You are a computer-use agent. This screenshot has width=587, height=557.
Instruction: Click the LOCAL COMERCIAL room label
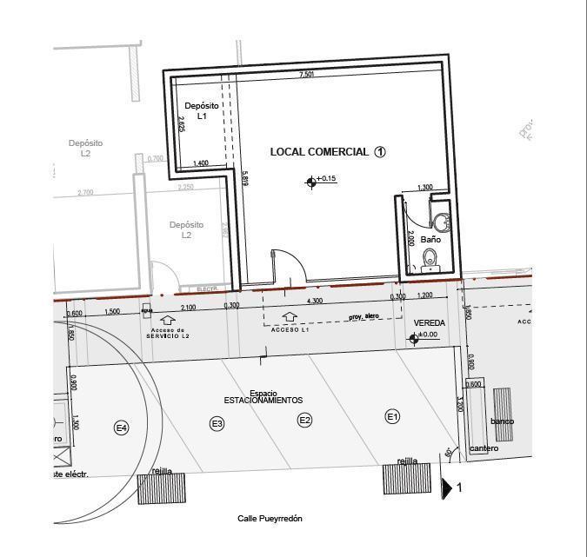coord(319,152)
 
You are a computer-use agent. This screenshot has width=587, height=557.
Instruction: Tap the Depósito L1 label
coord(202,110)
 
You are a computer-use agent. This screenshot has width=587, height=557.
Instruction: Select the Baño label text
coord(430,239)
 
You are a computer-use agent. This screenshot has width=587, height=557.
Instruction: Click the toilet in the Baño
coord(430,257)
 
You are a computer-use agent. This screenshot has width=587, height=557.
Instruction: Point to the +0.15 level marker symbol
coord(310,182)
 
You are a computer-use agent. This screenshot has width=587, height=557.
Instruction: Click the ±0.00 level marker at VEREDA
coord(414,339)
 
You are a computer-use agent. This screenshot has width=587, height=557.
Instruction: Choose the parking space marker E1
coord(392,417)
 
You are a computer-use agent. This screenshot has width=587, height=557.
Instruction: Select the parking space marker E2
coord(304,421)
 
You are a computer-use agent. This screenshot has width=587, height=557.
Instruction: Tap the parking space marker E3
coord(217,423)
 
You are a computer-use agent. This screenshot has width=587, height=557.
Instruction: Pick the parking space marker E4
coord(122,427)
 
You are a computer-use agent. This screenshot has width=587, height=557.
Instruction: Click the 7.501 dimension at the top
coord(306,76)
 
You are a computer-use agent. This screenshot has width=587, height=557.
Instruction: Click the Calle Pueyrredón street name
coord(270,519)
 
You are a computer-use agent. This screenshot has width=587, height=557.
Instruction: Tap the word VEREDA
coord(430,323)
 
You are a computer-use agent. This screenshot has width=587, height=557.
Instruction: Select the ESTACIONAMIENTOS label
coord(263,401)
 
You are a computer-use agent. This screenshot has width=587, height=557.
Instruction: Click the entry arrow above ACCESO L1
coord(290,319)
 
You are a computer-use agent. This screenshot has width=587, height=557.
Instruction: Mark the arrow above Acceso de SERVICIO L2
coord(168,321)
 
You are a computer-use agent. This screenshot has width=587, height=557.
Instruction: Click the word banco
coord(502,421)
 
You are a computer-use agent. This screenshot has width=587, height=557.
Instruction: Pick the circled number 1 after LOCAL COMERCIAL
coord(380,151)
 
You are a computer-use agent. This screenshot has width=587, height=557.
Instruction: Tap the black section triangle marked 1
coord(446,489)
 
